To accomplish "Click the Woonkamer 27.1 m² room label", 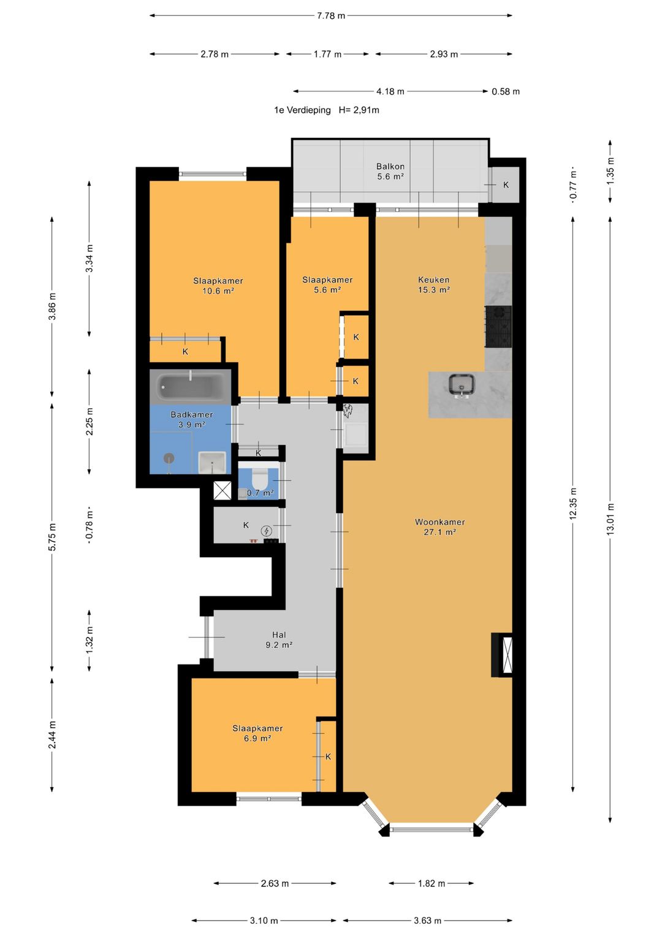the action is tap(439, 527).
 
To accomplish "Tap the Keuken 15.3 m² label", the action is tap(434, 284).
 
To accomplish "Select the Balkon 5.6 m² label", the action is tap(390, 171).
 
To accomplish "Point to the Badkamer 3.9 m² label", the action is tap(192, 419).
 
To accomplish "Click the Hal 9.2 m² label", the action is tap(279, 640).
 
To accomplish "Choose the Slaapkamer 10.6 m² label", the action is tap(218, 286).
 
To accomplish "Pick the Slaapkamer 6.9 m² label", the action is tap(257, 733).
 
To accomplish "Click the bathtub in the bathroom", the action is tap(191, 387).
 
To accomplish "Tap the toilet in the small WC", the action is tap(259, 477).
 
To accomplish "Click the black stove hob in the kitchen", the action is tap(498, 326).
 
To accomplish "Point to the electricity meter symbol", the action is tap(266, 531).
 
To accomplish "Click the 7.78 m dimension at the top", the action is tap(331, 16).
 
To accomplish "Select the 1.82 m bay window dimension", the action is tap(432, 883).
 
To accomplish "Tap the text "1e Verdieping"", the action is tap(302, 110).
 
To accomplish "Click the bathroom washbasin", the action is tap(212, 463).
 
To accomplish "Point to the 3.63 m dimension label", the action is tap(428, 921).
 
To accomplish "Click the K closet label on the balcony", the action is tap(506, 185).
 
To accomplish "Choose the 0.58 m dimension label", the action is tap(506, 91).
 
